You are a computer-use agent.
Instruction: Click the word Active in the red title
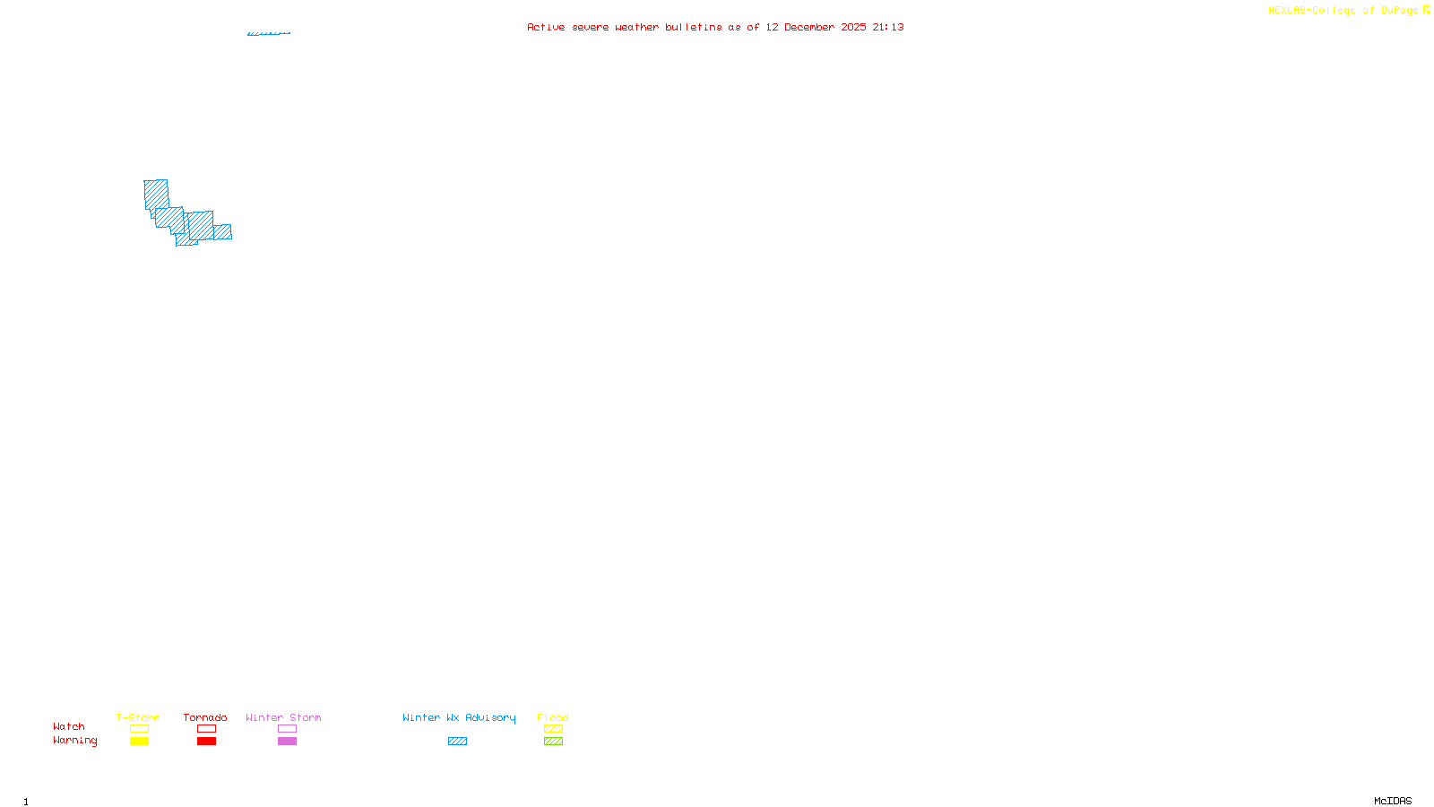546,28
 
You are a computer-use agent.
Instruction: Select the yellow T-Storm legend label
138,717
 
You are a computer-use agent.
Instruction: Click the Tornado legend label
205,717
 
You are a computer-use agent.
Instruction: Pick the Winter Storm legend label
283,717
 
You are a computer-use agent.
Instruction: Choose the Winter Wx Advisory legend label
459,717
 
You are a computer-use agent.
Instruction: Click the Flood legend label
553,717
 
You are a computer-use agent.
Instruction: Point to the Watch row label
69,726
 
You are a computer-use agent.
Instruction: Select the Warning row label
75,741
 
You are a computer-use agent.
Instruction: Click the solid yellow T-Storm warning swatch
139,742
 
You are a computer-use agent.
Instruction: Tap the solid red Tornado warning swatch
206,742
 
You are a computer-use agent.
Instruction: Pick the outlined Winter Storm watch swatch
287,729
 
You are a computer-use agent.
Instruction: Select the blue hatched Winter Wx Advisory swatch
457,742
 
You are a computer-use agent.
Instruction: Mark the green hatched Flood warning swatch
553,742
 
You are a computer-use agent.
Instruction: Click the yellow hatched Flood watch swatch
553,729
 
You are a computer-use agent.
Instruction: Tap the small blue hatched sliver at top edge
269,33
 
